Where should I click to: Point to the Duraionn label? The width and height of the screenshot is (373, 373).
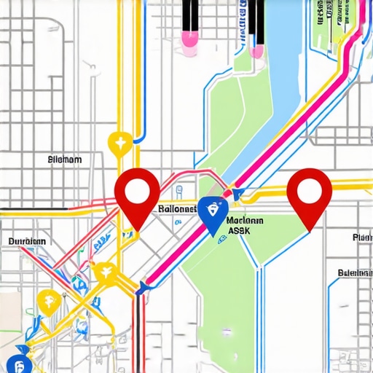27,241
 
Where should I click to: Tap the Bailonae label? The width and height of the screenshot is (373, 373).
177,209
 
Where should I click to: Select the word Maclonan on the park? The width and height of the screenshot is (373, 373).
246,220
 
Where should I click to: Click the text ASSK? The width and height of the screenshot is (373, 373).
240,232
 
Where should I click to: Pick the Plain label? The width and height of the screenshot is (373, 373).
362,237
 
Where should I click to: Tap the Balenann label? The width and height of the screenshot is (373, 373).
355,274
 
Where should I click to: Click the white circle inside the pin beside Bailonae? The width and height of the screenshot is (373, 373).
137,191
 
